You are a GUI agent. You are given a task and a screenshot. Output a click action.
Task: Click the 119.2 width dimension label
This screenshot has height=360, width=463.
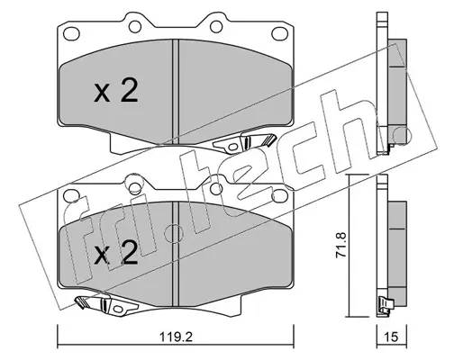pos(176,337)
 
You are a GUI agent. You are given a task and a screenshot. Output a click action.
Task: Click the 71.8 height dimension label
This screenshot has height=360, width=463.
pos(341,245)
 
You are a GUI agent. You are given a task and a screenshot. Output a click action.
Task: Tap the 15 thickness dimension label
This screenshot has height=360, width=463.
pos(391,337)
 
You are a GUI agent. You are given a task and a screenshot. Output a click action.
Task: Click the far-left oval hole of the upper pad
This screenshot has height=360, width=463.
pos(72,32)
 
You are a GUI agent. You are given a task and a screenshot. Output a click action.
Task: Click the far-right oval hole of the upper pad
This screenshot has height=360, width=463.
pos(279,32)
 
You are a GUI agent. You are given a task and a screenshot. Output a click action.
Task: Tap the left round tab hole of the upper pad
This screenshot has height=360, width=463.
pos(135,26)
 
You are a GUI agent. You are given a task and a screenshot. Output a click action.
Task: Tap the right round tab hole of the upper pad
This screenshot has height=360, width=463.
pos(216,26)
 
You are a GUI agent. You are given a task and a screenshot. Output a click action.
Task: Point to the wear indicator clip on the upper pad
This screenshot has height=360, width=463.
pos(244,142)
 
